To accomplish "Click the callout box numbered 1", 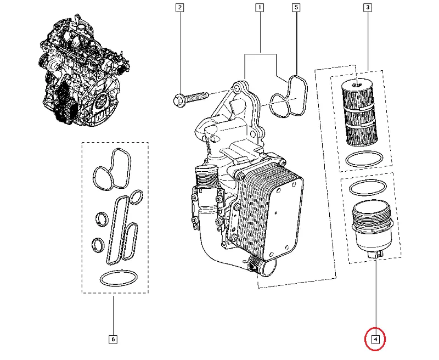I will tap(259, 8).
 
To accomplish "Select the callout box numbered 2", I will tap(179, 8).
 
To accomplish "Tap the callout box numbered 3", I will tap(367, 8).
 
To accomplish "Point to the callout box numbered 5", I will tap(296, 8).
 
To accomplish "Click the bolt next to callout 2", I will tap(189, 99).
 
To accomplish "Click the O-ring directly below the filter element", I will tap(364, 160).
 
